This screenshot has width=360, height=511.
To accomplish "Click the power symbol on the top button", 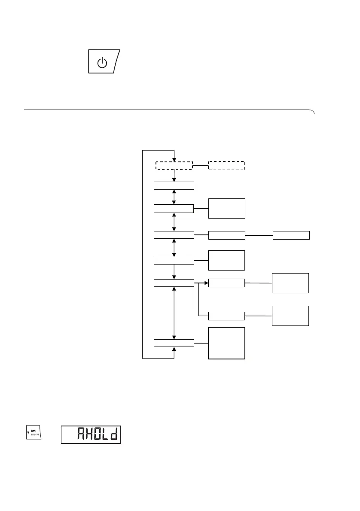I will [x=101, y=64].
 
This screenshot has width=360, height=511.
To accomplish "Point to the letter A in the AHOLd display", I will [x=81, y=435].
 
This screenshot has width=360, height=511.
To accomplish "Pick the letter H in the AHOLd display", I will [x=89, y=435].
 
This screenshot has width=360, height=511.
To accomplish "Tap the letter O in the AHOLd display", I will [x=98, y=435].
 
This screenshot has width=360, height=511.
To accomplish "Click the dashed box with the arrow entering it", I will [x=174, y=166].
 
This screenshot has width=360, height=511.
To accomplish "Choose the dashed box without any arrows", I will [x=226, y=166].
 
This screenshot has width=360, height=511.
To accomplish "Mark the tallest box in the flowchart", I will [x=226, y=343].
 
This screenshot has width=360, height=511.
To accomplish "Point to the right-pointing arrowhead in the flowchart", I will [x=205, y=283].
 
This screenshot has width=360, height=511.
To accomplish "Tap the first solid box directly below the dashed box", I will [x=174, y=186].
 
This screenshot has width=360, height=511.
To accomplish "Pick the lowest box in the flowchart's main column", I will [x=174, y=343].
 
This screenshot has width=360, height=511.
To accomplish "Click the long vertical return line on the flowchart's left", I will [x=142, y=253].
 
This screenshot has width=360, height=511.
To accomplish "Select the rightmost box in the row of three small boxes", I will [x=291, y=235].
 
